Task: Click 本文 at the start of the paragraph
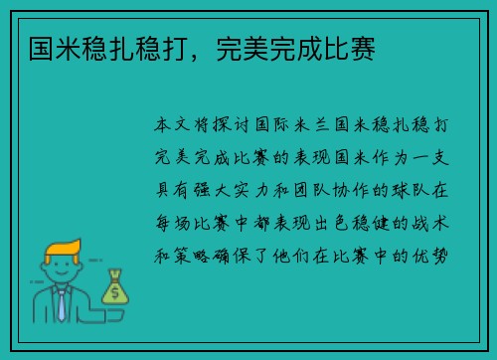tap(167, 127)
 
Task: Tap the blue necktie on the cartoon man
tap(63, 303)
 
